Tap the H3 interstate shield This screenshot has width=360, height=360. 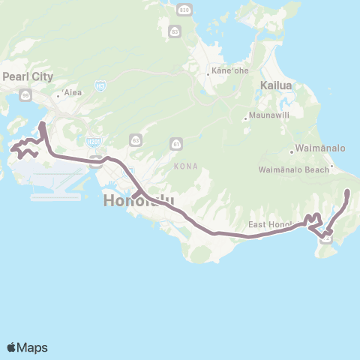point(99,87)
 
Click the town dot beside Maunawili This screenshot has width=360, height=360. point(245,117)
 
